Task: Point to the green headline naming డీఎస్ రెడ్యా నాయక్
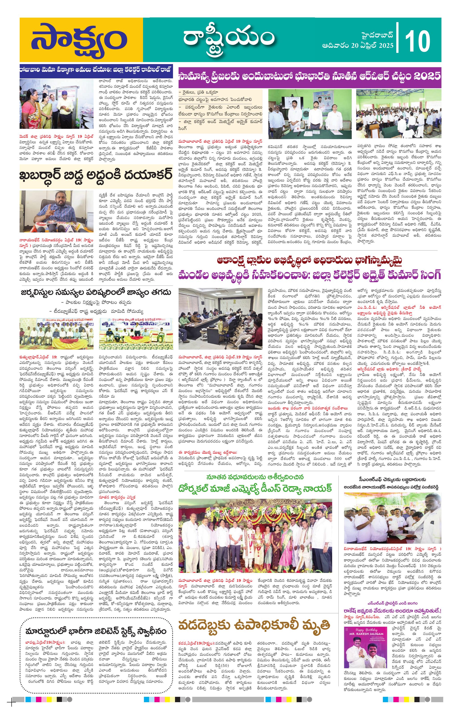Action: [255, 488]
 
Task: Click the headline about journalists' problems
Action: [96, 292]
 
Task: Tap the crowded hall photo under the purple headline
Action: [398, 114]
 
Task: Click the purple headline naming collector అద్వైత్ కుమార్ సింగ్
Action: [310, 275]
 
